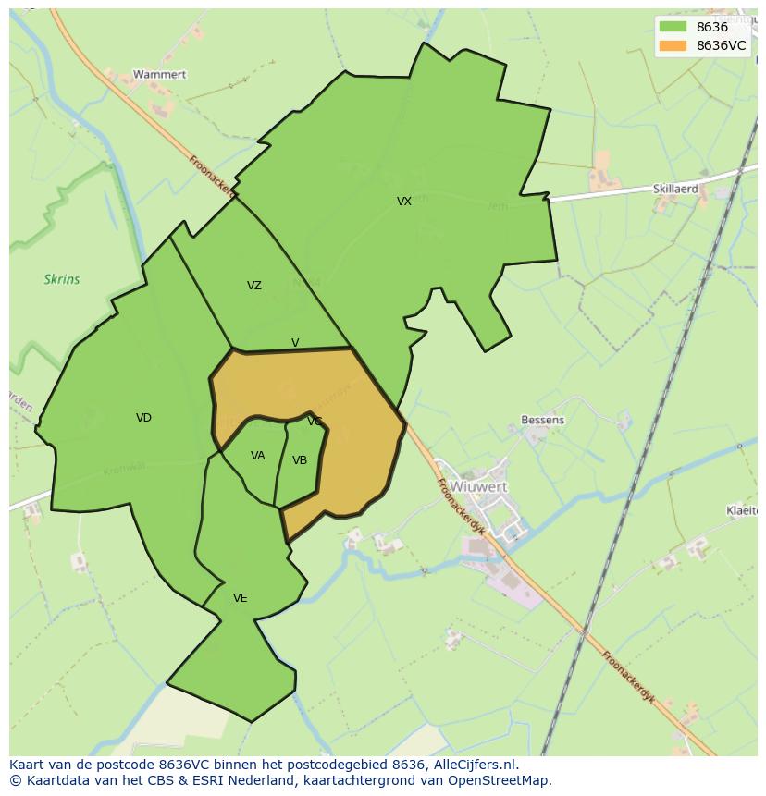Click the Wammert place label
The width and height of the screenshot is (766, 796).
click(x=159, y=74)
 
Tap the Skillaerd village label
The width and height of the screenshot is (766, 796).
click(x=675, y=189)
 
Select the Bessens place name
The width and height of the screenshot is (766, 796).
click(x=542, y=420)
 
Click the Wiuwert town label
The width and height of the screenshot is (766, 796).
click(x=478, y=486)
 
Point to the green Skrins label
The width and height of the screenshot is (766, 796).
click(x=62, y=279)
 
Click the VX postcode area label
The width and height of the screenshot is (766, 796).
click(x=404, y=202)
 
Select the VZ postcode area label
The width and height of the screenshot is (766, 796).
click(x=254, y=286)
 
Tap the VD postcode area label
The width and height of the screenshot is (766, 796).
click(x=143, y=418)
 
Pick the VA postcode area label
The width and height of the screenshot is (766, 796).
click(x=258, y=456)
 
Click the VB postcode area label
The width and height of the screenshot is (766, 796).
click(x=300, y=460)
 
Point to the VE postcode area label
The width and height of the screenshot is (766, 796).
click(x=241, y=598)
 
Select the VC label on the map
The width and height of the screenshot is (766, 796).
click(x=315, y=422)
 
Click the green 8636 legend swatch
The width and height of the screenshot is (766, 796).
click(x=673, y=27)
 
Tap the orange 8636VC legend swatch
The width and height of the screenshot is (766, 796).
click(x=673, y=45)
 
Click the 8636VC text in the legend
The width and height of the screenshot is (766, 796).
click(x=721, y=45)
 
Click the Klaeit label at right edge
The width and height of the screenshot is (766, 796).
click(x=742, y=510)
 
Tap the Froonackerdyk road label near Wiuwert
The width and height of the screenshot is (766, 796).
click(x=462, y=507)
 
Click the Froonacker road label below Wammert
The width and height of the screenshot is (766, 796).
click(x=212, y=176)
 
